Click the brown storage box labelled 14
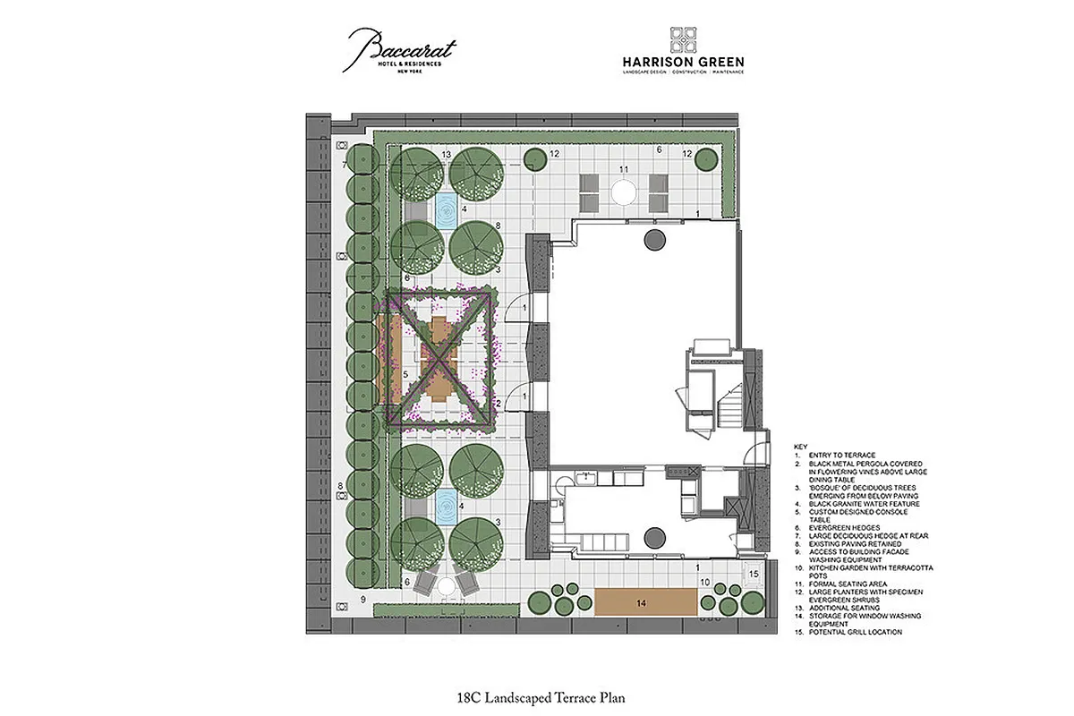point(647,602)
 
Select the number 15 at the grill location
point(754,574)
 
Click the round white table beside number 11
point(622,191)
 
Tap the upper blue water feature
point(445,209)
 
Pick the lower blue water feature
point(445,507)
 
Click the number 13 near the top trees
point(446,156)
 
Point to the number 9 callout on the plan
point(363,599)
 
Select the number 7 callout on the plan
point(345,165)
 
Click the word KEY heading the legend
point(801,446)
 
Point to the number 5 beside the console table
point(405,374)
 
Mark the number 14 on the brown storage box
point(641,603)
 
